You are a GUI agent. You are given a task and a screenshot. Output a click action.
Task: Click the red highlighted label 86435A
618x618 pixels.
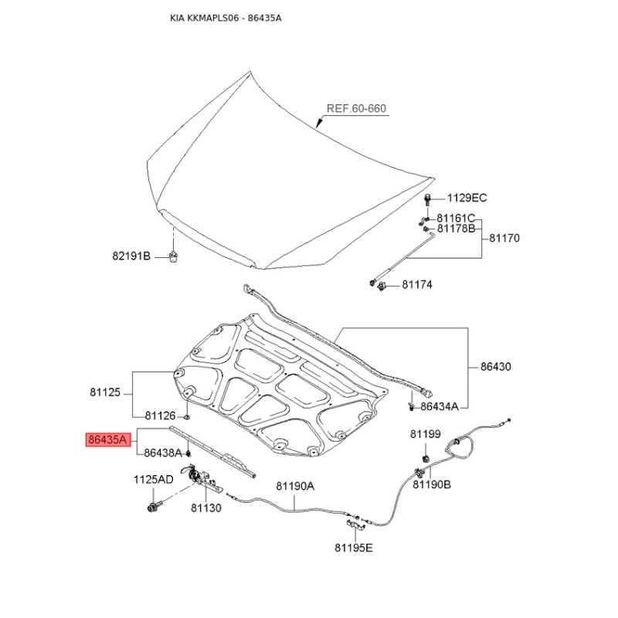[108, 440]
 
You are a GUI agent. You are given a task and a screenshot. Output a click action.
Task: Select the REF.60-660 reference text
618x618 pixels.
[356, 108]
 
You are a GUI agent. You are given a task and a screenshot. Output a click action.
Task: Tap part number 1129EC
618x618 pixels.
[467, 198]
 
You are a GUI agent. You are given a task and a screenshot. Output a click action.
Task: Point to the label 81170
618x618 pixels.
[504, 238]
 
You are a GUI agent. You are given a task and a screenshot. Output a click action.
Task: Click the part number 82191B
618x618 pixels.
[131, 256]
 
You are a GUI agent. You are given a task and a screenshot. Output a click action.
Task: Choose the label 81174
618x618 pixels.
[417, 284]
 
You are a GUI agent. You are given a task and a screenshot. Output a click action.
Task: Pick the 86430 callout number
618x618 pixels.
[495, 366]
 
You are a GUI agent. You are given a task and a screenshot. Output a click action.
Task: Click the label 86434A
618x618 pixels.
[440, 406]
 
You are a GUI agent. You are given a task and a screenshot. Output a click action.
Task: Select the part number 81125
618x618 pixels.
[105, 392]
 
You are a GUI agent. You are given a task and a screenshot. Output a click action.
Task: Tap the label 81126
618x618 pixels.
[160, 416]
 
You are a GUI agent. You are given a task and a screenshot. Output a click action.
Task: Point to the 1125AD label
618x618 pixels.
[153, 480]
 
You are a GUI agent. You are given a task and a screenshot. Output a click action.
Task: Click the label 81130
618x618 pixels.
[206, 508]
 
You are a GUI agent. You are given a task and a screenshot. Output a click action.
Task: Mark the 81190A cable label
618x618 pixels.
[295, 487]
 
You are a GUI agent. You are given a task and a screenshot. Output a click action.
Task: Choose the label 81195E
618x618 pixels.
[354, 548]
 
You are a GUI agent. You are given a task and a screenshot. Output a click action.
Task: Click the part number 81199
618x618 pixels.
[426, 434]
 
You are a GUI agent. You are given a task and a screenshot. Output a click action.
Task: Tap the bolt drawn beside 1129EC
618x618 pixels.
[427, 199]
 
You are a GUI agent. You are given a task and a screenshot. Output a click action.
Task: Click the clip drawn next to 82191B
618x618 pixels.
[172, 256]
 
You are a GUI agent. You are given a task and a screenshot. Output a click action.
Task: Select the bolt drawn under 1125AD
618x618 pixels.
[154, 507]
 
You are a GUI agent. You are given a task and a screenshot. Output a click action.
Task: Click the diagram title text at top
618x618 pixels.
[226, 18]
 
